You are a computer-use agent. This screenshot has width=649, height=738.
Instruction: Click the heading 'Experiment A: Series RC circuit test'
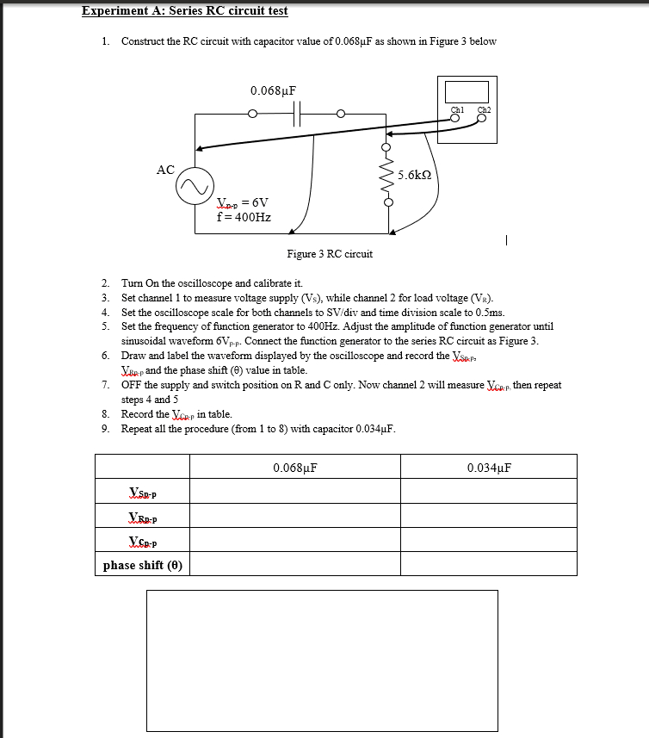tap(184, 11)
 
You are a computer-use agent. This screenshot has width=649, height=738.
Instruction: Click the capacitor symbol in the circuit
tap(297, 114)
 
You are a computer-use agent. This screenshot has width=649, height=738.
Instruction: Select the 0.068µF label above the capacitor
tap(274, 90)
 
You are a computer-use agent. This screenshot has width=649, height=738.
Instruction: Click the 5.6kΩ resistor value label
tap(414, 174)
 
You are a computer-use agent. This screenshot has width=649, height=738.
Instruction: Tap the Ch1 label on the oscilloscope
tap(458, 109)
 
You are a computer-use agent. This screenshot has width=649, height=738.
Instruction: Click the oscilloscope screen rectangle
tap(467, 91)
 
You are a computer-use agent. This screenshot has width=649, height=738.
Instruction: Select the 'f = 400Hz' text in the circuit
tap(244, 217)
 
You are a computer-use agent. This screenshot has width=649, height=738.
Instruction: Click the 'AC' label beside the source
tap(166, 170)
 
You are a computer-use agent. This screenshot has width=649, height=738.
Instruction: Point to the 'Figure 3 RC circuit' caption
tap(330, 254)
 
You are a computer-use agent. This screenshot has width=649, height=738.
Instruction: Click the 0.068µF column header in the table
tap(295, 468)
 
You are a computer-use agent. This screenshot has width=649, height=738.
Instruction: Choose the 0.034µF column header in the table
tap(490, 468)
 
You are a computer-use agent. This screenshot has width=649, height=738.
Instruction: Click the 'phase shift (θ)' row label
tap(143, 565)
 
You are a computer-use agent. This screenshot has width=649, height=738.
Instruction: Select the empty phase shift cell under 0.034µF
tap(490, 565)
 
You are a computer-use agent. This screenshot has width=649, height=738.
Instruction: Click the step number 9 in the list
tap(105, 430)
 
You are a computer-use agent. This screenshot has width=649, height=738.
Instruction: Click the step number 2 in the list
tap(105, 283)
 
